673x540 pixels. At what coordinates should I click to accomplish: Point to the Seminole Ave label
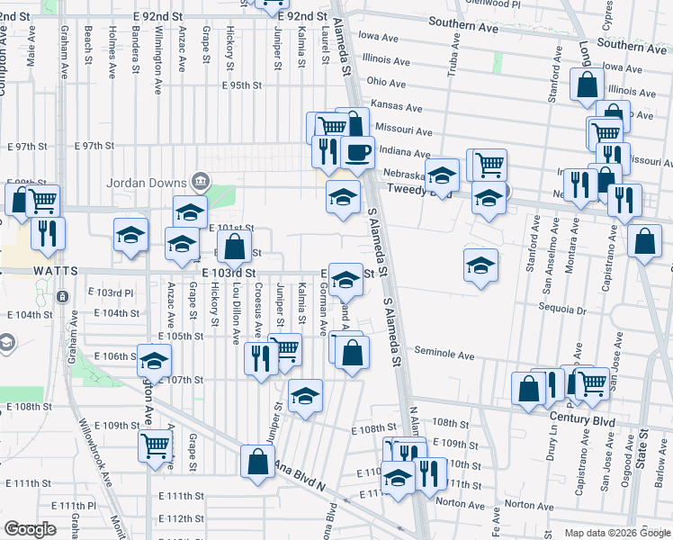click(x=444, y=355)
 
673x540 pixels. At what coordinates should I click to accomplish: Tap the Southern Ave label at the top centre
click(x=463, y=27)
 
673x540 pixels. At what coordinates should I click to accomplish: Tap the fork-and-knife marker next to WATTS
click(x=48, y=232)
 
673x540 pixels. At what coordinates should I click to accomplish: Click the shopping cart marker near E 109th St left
click(x=156, y=445)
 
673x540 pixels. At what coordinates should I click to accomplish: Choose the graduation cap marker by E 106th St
click(x=154, y=360)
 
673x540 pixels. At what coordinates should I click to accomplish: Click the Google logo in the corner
click(x=30, y=530)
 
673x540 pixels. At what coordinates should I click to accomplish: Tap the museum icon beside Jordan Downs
click(x=201, y=181)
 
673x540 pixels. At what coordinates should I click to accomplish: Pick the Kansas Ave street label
click(x=396, y=105)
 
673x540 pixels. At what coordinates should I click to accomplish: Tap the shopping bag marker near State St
click(x=644, y=240)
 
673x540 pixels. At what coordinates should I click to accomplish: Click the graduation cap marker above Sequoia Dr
click(x=480, y=265)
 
